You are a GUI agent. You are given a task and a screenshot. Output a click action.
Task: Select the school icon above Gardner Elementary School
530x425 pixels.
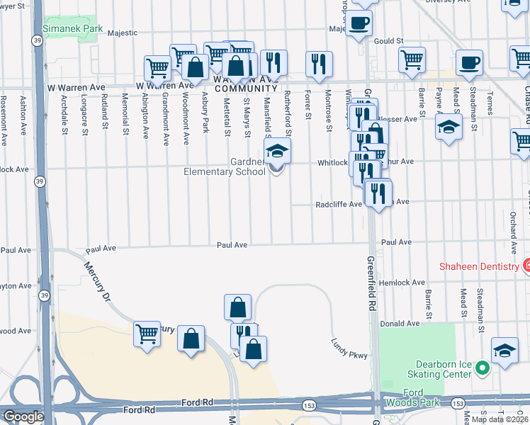[x=277, y=150]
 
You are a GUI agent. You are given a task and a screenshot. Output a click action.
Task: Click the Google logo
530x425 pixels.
[x=23, y=416]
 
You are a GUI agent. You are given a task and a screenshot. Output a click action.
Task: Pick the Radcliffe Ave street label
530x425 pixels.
[x=339, y=204]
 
